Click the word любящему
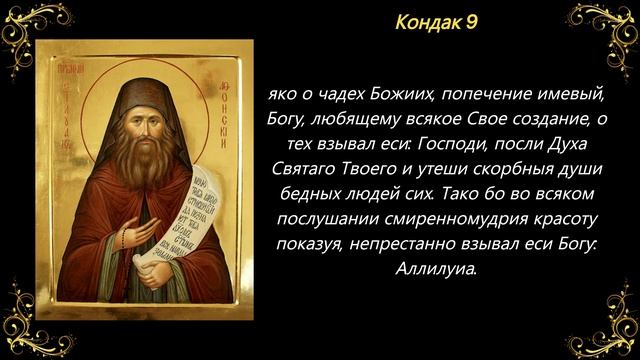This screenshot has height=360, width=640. [357, 121]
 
